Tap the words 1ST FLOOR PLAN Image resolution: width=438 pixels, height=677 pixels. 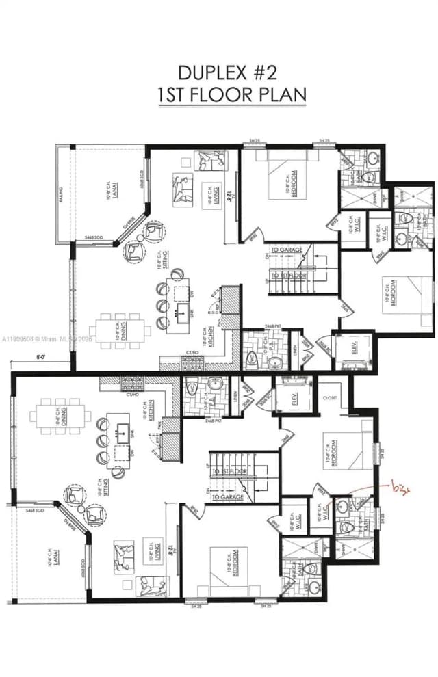(x=232, y=94)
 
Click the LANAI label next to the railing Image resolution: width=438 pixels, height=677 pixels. (x=109, y=189)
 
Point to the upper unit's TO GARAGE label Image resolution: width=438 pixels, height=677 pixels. (x=286, y=250)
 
